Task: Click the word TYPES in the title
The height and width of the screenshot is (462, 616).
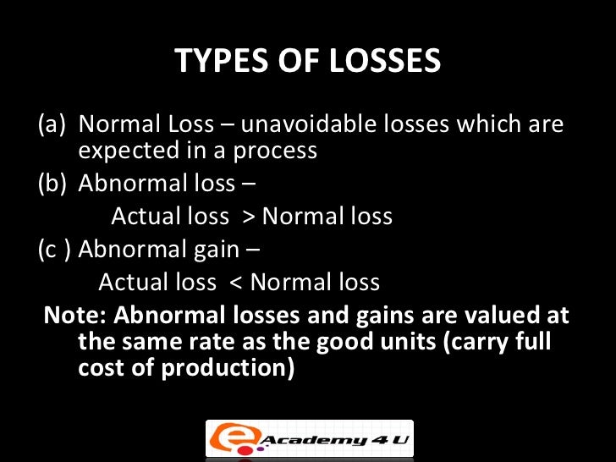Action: [x=217, y=62]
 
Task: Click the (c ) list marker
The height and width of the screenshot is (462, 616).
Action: [x=54, y=250]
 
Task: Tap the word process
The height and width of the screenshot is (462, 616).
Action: [x=276, y=152]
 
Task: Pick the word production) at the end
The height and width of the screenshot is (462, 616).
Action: [x=238, y=369]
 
